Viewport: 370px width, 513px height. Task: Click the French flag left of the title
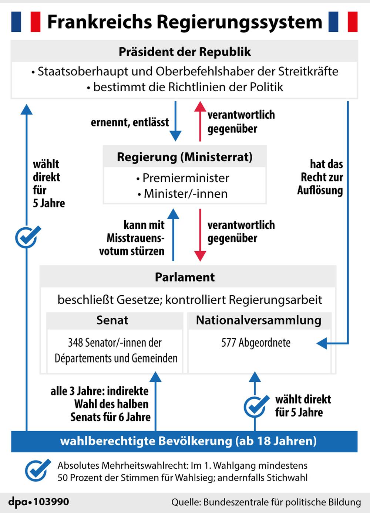(x=26, y=22)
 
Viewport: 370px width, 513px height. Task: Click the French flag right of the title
(x=343, y=22)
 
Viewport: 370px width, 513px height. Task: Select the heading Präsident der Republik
(x=185, y=52)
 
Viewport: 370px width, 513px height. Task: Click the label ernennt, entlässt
(x=130, y=122)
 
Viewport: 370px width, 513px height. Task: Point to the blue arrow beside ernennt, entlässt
(x=175, y=121)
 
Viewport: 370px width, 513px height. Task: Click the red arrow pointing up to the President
(x=200, y=121)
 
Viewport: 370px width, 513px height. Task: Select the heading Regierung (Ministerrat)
(x=185, y=157)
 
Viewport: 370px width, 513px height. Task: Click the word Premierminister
(x=186, y=178)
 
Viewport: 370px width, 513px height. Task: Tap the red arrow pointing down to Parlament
(x=200, y=235)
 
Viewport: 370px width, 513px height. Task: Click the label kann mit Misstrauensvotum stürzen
(x=132, y=238)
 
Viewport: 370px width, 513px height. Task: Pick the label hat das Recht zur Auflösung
(x=320, y=177)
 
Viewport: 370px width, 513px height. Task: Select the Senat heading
(x=112, y=320)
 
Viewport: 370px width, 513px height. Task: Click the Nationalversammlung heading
(x=259, y=320)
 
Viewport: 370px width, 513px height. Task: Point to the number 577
(x=228, y=343)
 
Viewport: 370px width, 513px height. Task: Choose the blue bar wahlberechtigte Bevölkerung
(x=185, y=441)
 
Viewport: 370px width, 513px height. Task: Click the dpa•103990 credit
(x=39, y=502)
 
